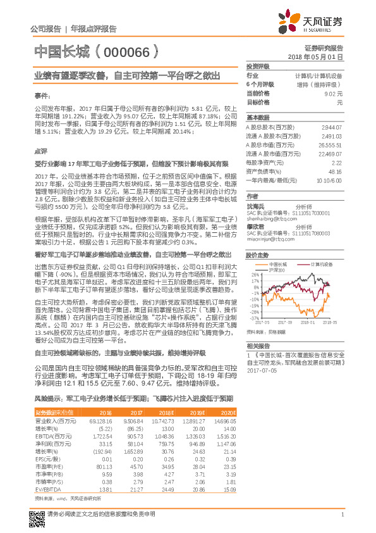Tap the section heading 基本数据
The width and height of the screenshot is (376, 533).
[257, 118]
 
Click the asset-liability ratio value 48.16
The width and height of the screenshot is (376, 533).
[335, 171]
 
